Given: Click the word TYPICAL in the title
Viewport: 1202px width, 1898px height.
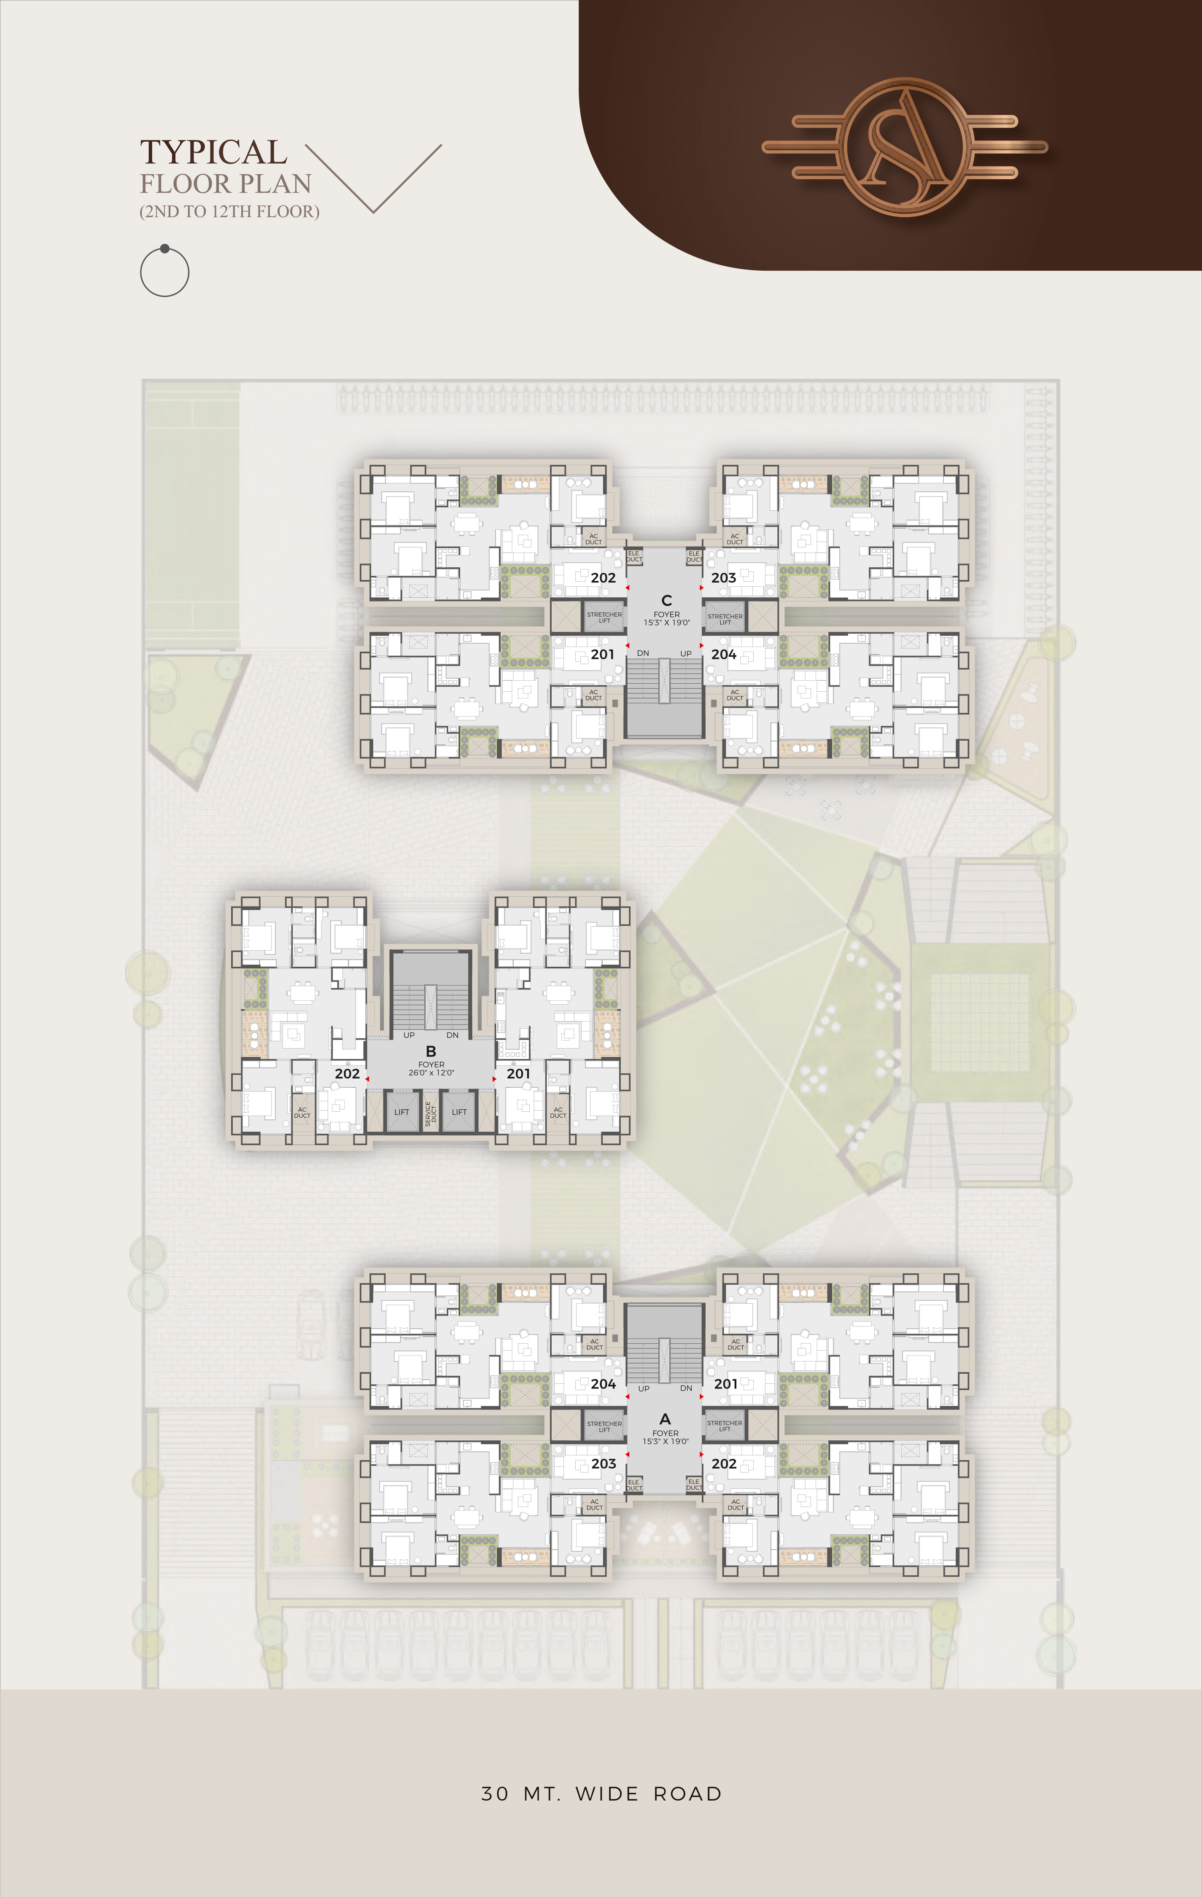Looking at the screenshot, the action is pos(213,152).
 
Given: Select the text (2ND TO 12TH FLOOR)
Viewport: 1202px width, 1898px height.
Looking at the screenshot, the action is pos(229,211).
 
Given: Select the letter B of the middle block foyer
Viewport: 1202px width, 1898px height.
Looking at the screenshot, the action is pos(431,1051).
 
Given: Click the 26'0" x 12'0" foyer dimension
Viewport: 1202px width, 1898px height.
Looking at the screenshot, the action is pos(431,1073).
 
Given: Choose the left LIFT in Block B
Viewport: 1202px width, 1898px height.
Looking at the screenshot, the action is pos(402,1112).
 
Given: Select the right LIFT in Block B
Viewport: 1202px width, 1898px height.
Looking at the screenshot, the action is pos(460,1112).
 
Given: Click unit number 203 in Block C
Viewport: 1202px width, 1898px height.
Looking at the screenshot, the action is pos(724,578).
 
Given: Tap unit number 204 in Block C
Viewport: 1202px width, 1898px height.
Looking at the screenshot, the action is pos(724,654).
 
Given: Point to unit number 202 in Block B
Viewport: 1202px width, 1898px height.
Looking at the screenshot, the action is pos(347,1073).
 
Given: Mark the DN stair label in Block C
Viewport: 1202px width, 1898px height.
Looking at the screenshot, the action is pos(643,653).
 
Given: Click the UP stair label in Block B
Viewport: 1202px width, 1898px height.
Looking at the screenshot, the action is pos(409,1035).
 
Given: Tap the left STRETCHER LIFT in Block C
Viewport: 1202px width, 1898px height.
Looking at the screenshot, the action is pos(604,617).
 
